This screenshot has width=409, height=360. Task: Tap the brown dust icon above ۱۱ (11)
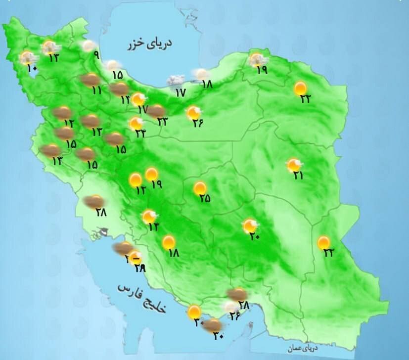click(x=90, y=79)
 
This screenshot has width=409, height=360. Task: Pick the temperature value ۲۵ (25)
click(x=205, y=198)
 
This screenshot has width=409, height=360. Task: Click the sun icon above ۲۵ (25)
click(x=200, y=188)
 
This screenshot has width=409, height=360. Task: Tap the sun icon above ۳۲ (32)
click(x=324, y=242)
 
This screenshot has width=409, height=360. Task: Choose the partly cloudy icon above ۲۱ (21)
click(x=294, y=164)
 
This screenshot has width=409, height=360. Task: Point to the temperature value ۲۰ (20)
click(x=255, y=236)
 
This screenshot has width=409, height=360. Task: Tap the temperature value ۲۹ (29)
click(x=140, y=268)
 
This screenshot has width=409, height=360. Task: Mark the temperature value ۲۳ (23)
click(x=163, y=121)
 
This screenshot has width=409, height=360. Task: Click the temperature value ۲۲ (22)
click(x=305, y=98)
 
